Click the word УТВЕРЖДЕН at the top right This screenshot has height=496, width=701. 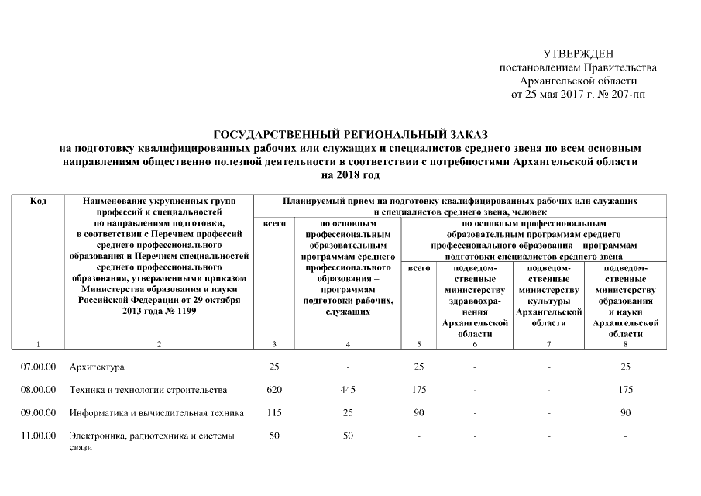[x=578, y=53]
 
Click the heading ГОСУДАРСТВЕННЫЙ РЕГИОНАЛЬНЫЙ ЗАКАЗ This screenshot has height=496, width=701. [x=350, y=134]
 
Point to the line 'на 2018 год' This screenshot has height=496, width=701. [x=350, y=176]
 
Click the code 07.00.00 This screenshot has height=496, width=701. [x=38, y=367]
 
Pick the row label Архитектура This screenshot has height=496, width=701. [x=97, y=367]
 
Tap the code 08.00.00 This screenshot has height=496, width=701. [x=38, y=389]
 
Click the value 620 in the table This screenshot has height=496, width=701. [x=273, y=389]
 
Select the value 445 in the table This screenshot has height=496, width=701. [x=348, y=389]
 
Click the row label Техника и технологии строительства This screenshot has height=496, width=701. [x=148, y=389]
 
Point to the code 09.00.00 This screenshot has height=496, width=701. [x=38, y=412]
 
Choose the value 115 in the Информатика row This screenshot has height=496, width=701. [x=273, y=412]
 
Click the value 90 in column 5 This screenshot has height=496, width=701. [x=418, y=412]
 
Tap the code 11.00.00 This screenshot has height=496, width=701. [x=38, y=436]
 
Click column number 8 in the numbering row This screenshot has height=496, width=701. [x=625, y=343]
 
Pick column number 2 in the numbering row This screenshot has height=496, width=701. [x=159, y=343]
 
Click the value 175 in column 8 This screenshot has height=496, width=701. [x=625, y=389]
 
